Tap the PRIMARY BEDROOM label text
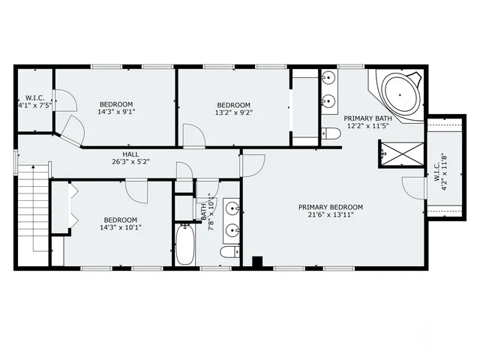click(330, 207)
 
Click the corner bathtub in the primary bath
click(401, 96)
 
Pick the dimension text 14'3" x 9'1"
click(116, 112)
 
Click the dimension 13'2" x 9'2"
click(232, 113)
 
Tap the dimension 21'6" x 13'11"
click(330, 215)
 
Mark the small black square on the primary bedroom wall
click(257, 262)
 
